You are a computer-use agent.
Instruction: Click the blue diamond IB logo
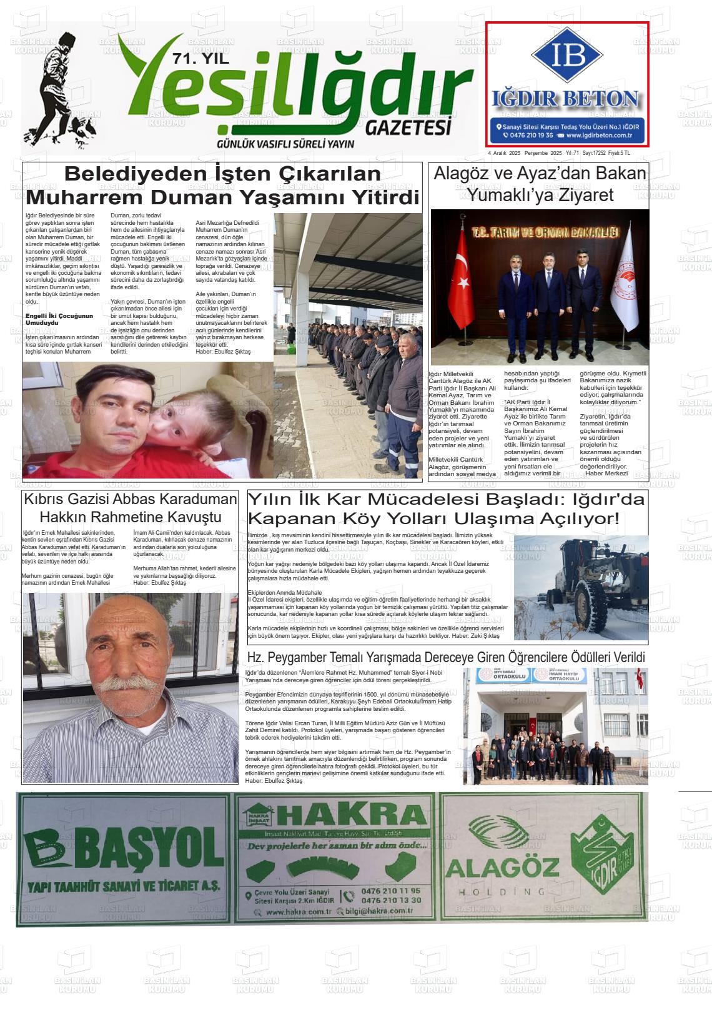[567, 56]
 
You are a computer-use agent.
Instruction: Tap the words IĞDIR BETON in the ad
[566, 99]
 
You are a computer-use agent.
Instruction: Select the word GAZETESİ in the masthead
[408, 127]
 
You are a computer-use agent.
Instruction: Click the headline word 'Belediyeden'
[131, 174]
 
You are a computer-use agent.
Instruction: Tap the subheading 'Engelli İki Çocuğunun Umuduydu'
[59, 319]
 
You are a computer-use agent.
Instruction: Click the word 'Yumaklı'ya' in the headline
[507, 196]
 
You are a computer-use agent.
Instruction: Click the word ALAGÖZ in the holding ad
[502, 869]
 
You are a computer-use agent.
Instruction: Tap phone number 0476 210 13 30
[391, 900]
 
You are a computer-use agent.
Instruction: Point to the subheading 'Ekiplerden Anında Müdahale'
[284, 592]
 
